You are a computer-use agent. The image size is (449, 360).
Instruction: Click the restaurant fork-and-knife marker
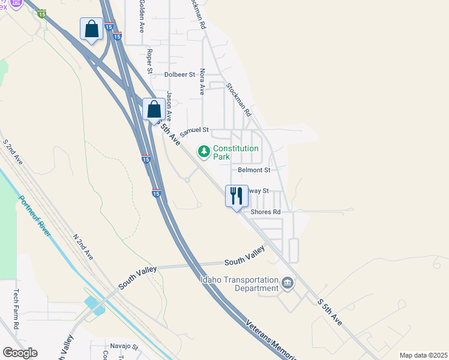point(236,196)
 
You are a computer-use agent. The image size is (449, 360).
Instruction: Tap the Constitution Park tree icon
point(205,152)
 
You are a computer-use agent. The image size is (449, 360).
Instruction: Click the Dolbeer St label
point(180,75)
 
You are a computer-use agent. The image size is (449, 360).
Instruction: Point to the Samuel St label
point(194,130)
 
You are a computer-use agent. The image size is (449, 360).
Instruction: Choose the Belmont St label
point(254,170)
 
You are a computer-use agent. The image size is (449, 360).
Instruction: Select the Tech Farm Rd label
point(16,309)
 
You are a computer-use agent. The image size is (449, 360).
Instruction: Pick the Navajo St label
point(124,347)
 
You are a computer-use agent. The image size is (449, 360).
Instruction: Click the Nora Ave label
point(202,81)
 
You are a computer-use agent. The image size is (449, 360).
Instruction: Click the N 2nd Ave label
point(82,247)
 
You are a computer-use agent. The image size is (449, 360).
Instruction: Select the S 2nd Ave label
point(13,153)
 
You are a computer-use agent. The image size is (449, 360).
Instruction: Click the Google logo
point(20,352)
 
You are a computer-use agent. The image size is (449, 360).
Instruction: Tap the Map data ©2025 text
point(423,355)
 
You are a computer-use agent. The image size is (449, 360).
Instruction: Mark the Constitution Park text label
point(236,152)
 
